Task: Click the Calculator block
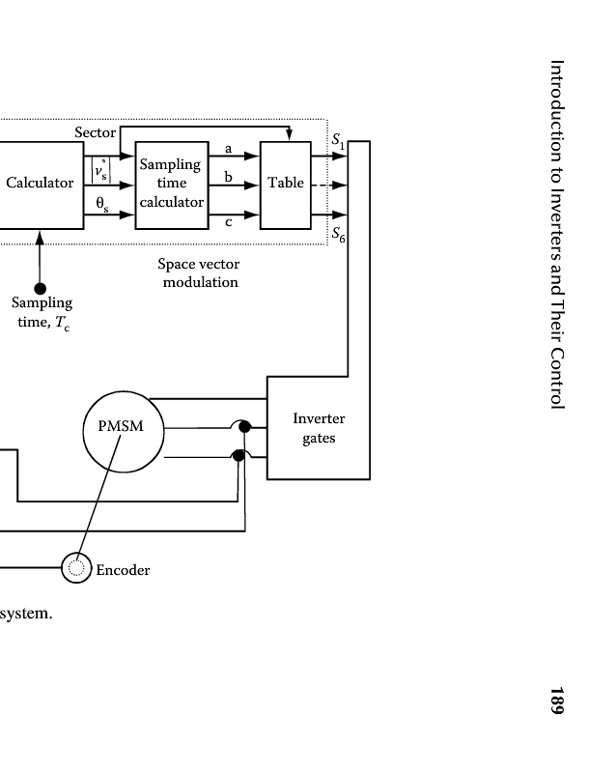pos(41,183)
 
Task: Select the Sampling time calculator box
pos(171,184)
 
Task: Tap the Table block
pos(286,183)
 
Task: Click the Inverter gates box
pos(318,428)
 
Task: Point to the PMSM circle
pos(121,425)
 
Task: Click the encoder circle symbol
pos(76,569)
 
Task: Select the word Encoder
pos(123,570)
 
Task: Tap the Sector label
pos(95,132)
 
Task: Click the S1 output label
pos(337,141)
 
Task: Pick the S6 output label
pos(338,234)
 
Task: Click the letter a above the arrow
pos(228,148)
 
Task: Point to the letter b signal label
pos(228,178)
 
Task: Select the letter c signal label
pos(228,222)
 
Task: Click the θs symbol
pos(101,204)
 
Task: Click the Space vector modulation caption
pos(199,272)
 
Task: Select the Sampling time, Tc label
pos(42,313)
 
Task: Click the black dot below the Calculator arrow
pos(40,288)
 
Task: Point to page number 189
pos(556,701)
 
